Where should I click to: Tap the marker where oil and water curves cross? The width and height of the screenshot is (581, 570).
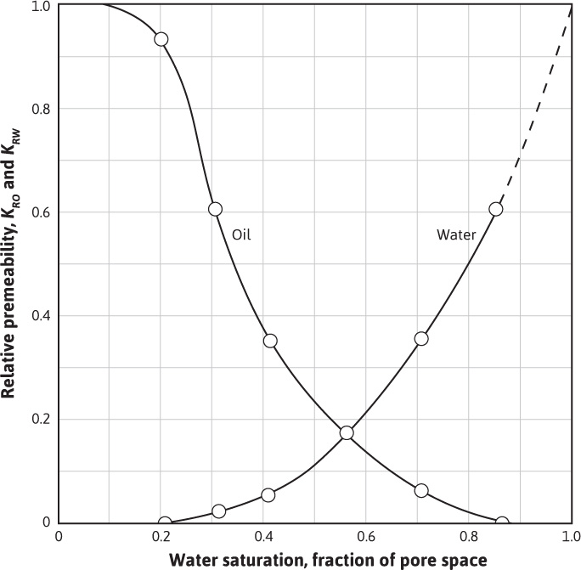tap(347, 432)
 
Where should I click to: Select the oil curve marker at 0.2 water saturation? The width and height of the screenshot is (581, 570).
tap(161, 39)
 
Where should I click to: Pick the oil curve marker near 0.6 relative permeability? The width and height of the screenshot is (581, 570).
tap(215, 209)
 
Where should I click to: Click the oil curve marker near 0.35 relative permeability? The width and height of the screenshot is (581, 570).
tap(270, 341)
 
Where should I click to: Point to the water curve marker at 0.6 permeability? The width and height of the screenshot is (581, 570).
tap(496, 209)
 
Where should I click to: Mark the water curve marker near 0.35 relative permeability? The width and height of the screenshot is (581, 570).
tap(421, 338)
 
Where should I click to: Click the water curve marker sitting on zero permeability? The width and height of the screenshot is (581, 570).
tap(165, 523)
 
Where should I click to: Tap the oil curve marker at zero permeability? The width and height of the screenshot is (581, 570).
tap(502, 523)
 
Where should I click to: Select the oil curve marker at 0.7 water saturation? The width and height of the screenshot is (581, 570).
tap(421, 490)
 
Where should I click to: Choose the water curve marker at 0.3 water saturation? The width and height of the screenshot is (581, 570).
tap(219, 511)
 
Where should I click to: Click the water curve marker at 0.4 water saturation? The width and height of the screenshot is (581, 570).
tap(268, 495)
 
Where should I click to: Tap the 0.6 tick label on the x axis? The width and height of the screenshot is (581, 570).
tap(366, 538)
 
